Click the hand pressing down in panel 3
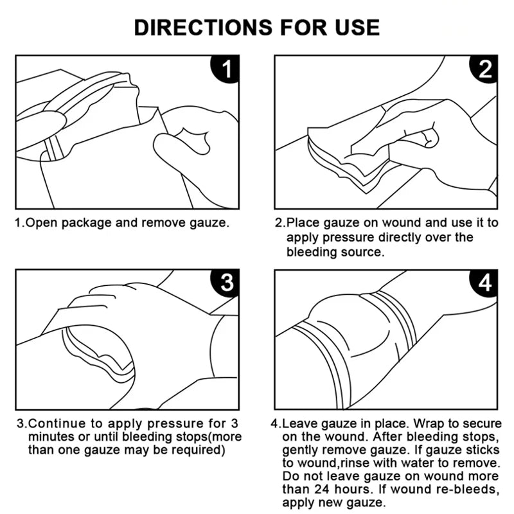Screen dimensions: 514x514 click(x=119, y=302)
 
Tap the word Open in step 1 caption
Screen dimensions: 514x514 click(x=38, y=224)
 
